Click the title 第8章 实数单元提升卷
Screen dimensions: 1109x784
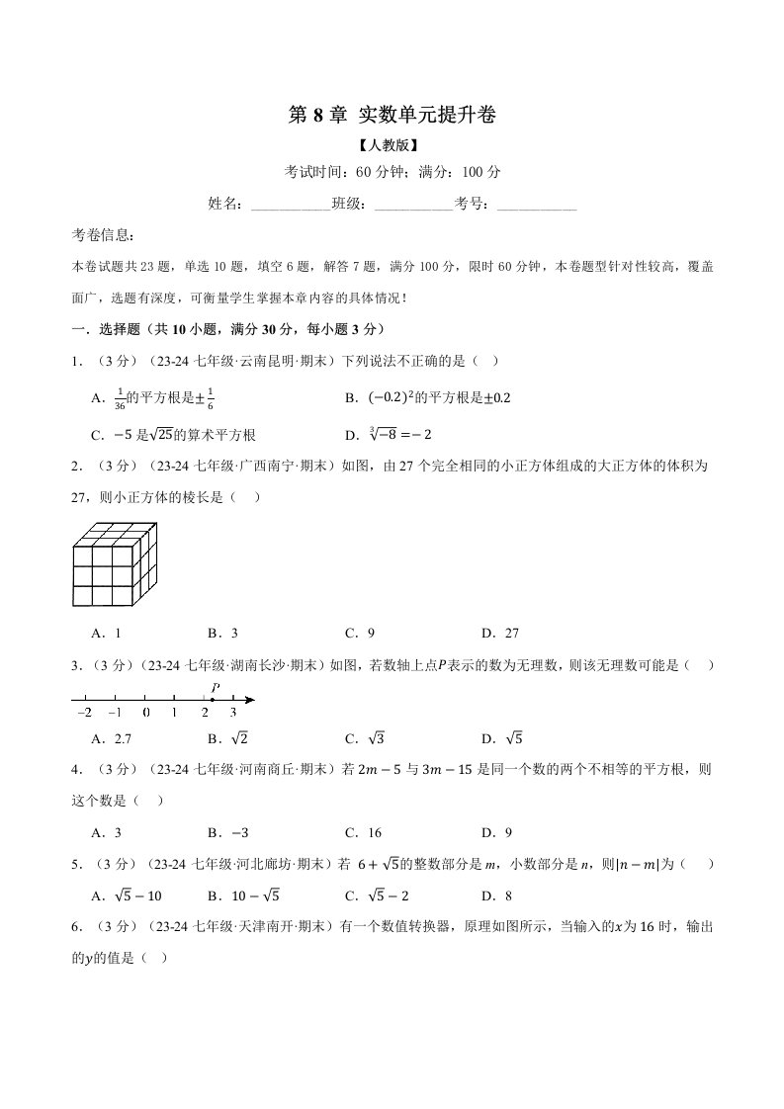point(392,116)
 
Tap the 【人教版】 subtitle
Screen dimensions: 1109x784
point(392,145)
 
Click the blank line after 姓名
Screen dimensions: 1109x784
point(291,205)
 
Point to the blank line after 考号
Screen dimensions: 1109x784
point(536,205)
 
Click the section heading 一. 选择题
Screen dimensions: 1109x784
point(228,329)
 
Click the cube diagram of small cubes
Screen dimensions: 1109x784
point(114,563)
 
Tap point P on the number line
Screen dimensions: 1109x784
point(213,700)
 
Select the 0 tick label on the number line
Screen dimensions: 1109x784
point(145,712)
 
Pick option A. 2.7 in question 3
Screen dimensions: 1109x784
point(111,738)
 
